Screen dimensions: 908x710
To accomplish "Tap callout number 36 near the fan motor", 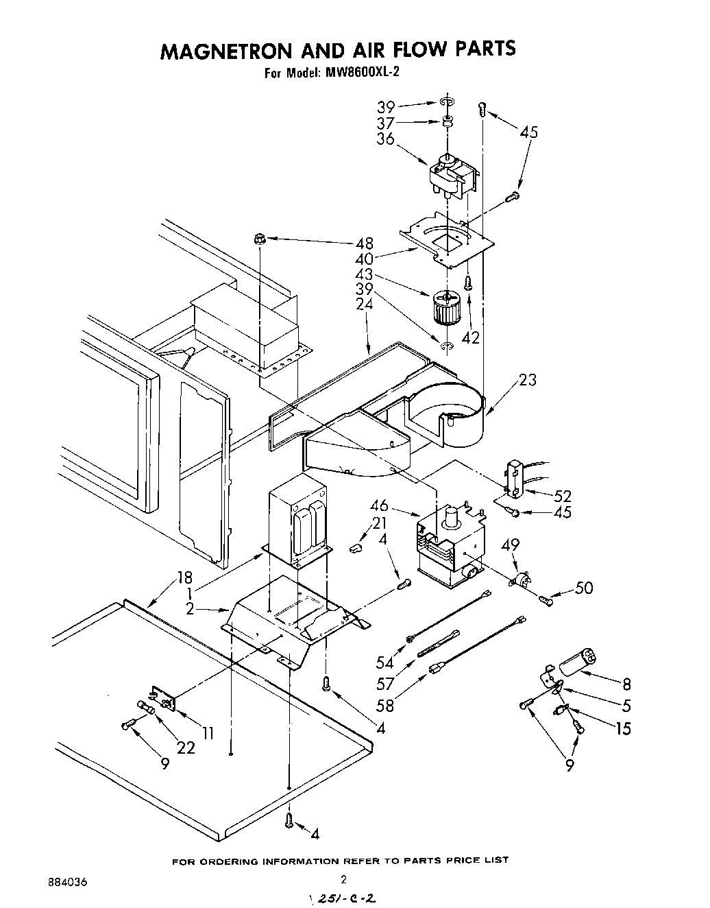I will pos(385,139).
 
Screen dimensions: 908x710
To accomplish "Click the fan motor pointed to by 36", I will pos(451,176).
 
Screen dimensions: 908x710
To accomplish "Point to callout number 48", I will pos(364,243).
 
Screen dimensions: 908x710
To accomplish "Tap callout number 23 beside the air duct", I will pos(527,380).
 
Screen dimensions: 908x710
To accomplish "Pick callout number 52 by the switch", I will pos(563,495).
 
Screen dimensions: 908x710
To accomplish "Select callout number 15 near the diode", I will pos(622,728).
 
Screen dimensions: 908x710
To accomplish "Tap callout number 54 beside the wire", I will pos(384,662).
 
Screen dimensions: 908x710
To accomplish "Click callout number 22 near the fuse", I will pos(186,747).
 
